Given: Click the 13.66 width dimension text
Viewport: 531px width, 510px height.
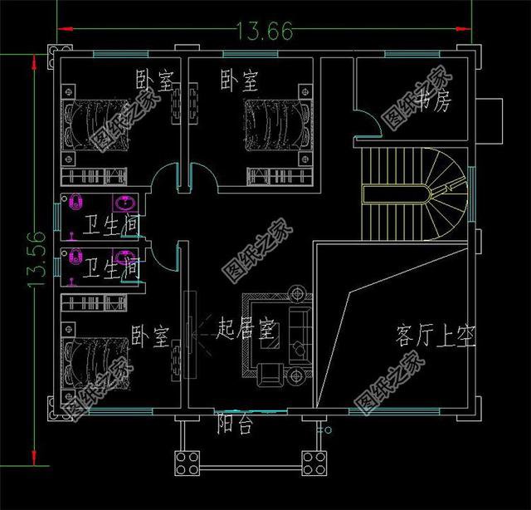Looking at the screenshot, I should [x=265, y=32].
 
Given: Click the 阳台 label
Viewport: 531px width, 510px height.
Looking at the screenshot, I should [x=235, y=424].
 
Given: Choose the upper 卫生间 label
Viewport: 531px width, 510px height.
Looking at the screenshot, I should [x=110, y=224].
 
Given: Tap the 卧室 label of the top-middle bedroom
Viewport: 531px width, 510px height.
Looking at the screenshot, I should [x=239, y=81].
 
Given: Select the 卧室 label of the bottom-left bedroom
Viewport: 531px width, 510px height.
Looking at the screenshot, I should [x=150, y=336].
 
